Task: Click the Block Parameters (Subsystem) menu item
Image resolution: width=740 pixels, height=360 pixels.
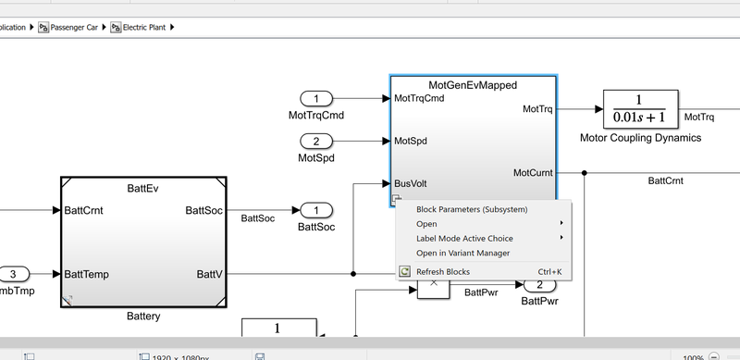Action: (x=472, y=209)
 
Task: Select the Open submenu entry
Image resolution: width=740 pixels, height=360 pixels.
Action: (x=426, y=223)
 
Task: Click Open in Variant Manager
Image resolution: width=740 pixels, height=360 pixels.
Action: (x=462, y=253)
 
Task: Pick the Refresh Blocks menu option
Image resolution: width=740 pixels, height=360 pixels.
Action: (x=443, y=272)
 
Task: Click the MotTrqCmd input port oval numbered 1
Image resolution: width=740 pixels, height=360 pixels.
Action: (x=316, y=99)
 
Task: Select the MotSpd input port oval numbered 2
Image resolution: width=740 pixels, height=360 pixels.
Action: (x=316, y=141)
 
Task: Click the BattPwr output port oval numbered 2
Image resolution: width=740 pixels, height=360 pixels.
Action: (x=539, y=285)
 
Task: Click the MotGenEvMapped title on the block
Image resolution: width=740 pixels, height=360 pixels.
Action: (x=473, y=85)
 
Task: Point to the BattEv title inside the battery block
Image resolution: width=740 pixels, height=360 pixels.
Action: (x=142, y=187)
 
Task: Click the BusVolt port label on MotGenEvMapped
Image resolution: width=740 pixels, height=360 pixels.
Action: (x=410, y=183)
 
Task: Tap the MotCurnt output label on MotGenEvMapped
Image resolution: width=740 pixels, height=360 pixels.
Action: (x=534, y=173)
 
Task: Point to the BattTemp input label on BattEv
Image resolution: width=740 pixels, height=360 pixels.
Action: (x=90, y=274)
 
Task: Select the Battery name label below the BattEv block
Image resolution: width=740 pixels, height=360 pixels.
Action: (x=143, y=317)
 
